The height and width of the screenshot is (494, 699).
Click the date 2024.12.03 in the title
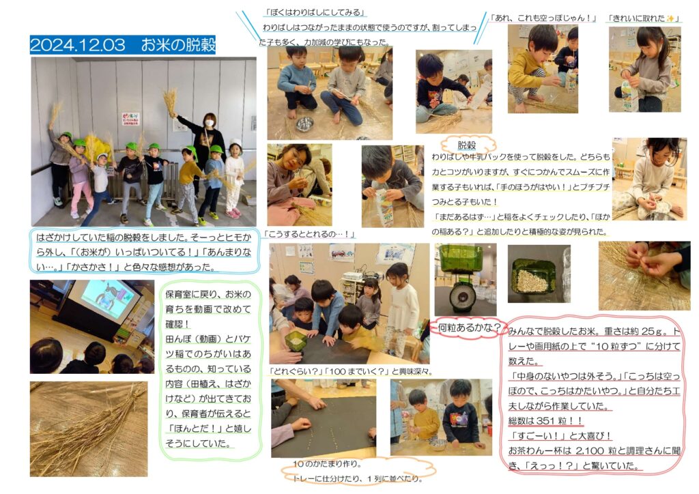click(x=78, y=45)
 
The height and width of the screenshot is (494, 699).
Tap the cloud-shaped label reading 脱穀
click(x=467, y=145)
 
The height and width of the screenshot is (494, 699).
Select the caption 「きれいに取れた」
click(x=643, y=18)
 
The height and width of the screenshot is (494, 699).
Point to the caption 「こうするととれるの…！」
click(x=309, y=234)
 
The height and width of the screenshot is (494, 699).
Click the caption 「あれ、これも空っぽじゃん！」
click(x=543, y=18)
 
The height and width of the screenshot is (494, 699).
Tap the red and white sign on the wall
click(x=130, y=119)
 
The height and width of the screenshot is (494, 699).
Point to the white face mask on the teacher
click(x=209, y=123)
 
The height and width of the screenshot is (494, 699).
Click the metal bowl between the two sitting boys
click(x=305, y=123)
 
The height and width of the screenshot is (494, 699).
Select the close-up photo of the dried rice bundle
click(x=89, y=429)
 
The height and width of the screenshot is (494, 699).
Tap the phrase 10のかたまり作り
click(x=327, y=464)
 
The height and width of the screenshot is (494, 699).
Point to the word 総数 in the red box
click(x=518, y=420)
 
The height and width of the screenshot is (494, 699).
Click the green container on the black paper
click(x=296, y=340)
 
